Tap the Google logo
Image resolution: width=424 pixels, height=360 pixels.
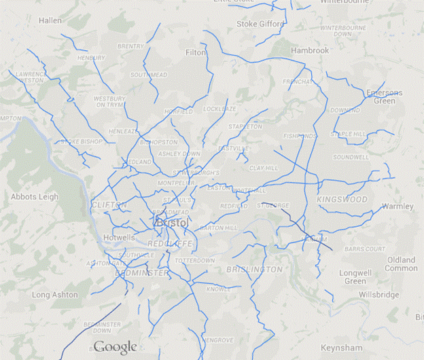pyautogui.click(x=115, y=347)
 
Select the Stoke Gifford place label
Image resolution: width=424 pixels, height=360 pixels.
pyautogui.click(x=260, y=24)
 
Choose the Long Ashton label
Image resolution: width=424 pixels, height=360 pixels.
pyautogui.click(x=54, y=295)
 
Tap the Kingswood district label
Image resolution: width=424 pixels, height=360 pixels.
pyautogui.click(x=342, y=200)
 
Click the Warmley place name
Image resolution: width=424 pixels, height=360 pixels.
pyautogui.click(x=397, y=206)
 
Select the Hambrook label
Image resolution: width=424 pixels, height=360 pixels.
pyautogui.click(x=309, y=51)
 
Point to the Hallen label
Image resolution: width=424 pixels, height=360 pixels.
pyautogui.click(x=50, y=21)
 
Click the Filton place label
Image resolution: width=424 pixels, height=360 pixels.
pyautogui.click(x=196, y=52)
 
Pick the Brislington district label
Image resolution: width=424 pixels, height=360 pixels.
pyautogui.click(x=253, y=270)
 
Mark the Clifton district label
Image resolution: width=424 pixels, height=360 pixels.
pyautogui.click(x=108, y=204)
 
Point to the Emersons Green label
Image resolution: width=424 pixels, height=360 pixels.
pyautogui.click(x=385, y=96)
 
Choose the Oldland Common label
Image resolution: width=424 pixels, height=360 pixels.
pyautogui.click(x=402, y=264)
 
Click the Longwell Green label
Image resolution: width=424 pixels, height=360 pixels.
pyautogui.click(x=355, y=276)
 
